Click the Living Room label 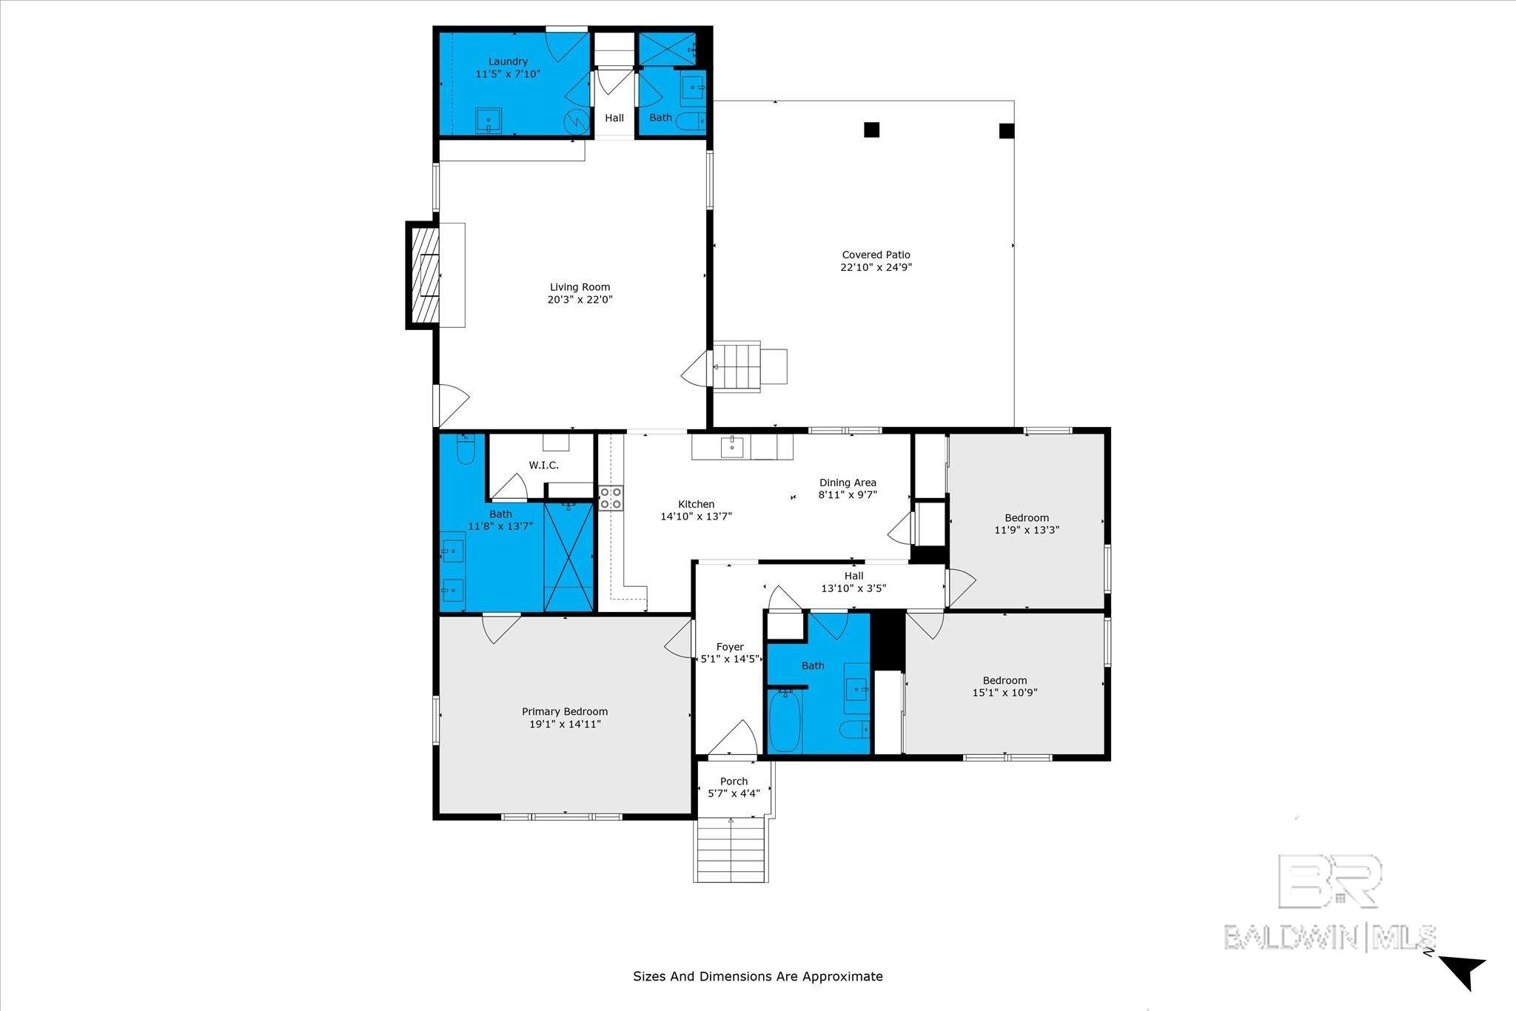(x=580, y=287)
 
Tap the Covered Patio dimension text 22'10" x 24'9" (x=876, y=267)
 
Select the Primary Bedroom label (x=565, y=712)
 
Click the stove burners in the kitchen (x=611, y=497)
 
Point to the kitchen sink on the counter (x=732, y=446)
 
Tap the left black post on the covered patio (x=872, y=130)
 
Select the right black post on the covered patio (x=1006, y=131)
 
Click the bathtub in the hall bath (x=784, y=720)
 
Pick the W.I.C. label (x=543, y=466)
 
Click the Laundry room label (x=508, y=61)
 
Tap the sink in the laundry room (x=489, y=119)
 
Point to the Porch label (x=734, y=781)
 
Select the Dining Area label (x=848, y=483)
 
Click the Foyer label (x=730, y=647)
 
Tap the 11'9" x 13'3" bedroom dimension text (x=1027, y=530)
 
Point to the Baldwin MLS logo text (x=1330, y=936)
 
